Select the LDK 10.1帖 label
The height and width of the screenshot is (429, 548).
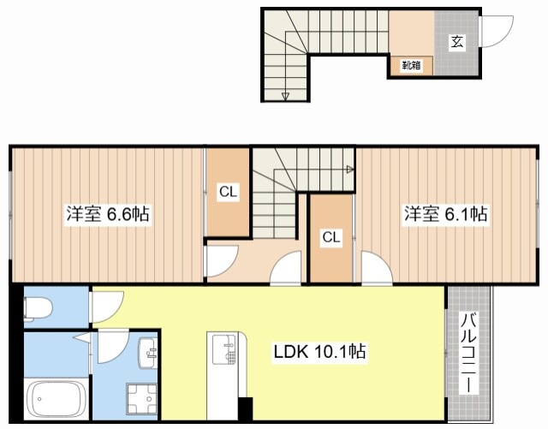320,350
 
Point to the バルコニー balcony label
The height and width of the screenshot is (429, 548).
468,352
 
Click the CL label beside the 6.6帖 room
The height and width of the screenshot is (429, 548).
227,193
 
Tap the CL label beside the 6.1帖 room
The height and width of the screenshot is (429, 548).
331,237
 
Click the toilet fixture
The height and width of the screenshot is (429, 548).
39,307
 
